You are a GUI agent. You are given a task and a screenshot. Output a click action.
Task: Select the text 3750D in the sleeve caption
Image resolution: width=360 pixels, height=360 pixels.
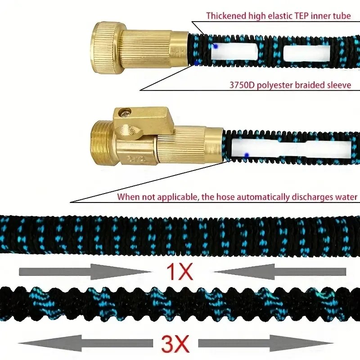242,85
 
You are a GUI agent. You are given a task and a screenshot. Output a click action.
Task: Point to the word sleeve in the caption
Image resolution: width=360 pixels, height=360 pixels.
339,85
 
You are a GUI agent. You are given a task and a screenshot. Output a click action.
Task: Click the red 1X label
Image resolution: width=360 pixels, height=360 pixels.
179,272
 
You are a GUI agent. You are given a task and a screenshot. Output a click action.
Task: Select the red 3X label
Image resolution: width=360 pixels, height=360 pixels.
175,344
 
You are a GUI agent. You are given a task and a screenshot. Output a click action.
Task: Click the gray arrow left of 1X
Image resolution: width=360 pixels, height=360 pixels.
85,272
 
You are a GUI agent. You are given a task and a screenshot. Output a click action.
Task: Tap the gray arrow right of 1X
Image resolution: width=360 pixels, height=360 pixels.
280,272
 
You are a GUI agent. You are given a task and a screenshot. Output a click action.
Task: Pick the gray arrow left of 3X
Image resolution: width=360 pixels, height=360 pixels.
85,343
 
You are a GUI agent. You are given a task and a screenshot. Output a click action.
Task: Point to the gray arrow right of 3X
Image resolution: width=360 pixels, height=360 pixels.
265,343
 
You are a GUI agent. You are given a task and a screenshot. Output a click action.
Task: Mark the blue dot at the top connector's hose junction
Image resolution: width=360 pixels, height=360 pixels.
196,63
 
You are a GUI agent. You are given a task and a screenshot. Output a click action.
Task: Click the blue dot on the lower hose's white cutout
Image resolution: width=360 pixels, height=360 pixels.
247,155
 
